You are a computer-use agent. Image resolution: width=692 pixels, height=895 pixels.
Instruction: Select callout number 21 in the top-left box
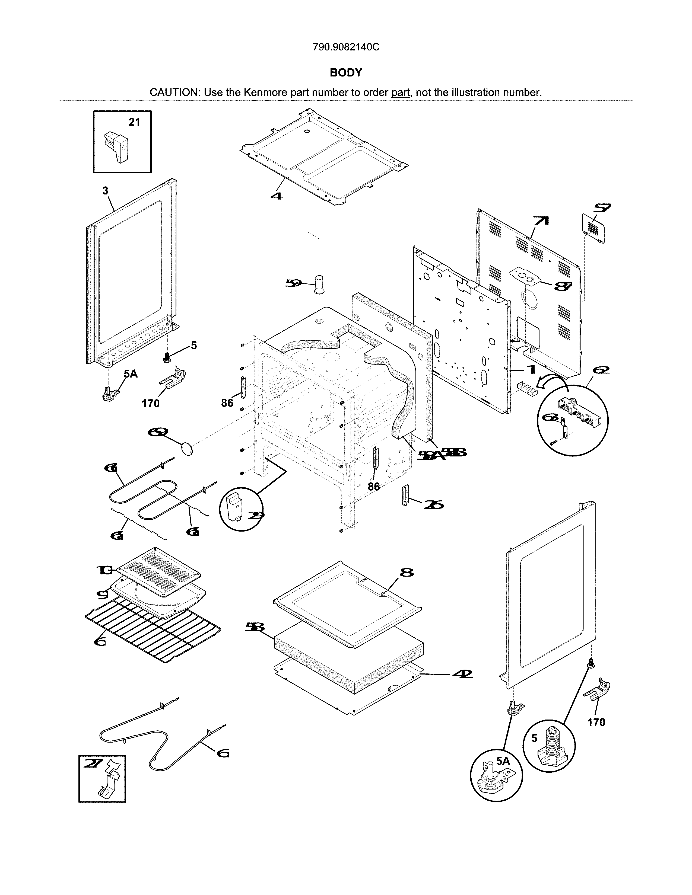(134, 122)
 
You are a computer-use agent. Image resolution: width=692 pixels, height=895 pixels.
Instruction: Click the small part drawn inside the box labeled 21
(117, 147)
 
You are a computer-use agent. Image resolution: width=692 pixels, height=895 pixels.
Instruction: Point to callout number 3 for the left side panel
(105, 191)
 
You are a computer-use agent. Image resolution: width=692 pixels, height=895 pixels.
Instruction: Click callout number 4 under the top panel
(277, 196)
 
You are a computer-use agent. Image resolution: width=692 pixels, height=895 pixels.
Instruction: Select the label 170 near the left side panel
(150, 404)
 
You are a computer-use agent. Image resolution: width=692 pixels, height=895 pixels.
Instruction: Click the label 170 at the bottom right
(596, 723)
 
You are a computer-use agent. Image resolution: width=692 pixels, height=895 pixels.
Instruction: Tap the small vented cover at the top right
(593, 228)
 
